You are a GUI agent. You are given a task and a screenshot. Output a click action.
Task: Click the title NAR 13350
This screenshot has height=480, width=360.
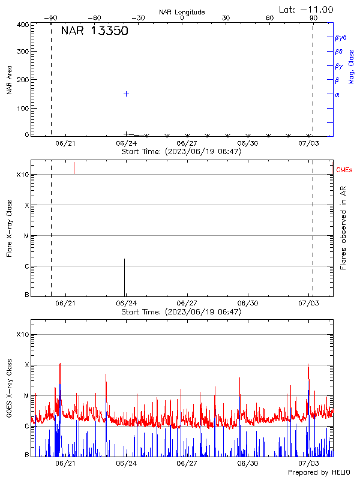pyautogui.click(x=94, y=31)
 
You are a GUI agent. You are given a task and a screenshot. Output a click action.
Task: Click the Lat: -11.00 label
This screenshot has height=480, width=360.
pyautogui.click(x=307, y=9)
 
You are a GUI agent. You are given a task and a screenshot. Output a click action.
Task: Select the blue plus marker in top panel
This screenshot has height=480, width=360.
pyautogui.click(x=127, y=94)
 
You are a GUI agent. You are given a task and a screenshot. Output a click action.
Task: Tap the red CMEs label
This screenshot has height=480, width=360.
pyautogui.click(x=344, y=171)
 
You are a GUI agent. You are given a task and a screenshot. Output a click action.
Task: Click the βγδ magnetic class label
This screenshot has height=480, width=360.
pyautogui.click(x=340, y=37)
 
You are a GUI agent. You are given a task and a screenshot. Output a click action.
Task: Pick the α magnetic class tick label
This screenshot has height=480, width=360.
pyautogui.click(x=337, y=94)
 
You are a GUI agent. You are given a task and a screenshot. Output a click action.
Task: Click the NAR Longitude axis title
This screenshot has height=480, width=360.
pyautogui.click(x=182, y=12)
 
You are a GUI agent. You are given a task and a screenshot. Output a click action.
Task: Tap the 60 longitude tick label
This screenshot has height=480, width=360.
pyautogui.click(x=269, y=18)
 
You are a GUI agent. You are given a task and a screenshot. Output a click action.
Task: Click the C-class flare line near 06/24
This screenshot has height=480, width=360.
pyautogui.click(x=124, y=277)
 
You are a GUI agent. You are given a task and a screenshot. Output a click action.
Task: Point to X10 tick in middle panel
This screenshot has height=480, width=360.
pyautogui.click(x=23, y=175)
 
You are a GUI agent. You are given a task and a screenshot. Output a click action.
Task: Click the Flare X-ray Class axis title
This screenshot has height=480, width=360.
pyautogui.click(x=9, y=227)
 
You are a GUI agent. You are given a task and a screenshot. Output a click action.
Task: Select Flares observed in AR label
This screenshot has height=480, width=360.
pyautogui.click(x=343, y=227)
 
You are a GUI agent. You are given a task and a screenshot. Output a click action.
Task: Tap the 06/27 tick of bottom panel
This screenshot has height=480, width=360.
pyautogui.click(x=187, y=464)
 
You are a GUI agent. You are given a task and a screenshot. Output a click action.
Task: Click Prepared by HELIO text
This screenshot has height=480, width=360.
pyautogui.click(x=320, y=473)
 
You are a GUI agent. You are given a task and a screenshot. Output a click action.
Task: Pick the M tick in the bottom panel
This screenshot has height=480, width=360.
pyautogui.click(x=26, y=396)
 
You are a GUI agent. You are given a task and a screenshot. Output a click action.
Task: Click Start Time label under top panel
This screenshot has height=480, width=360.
pyautogui.click(x=181, y=152)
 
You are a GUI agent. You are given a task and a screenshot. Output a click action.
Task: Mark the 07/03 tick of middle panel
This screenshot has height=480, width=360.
pyautogui.click(x=308, y=304)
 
